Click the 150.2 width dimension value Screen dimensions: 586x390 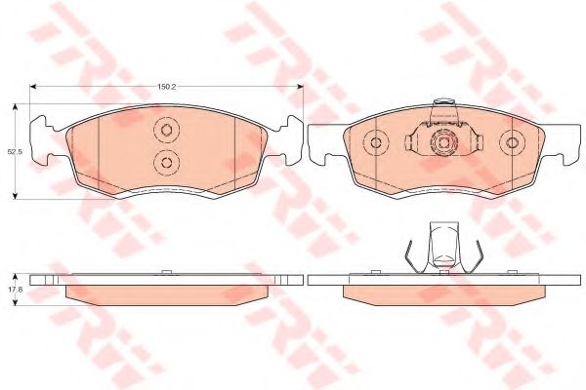166,86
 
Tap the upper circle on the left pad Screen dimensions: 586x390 167,130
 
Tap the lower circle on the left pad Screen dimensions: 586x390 167,163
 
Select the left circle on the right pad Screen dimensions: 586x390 376,142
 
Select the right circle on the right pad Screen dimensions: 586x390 513,142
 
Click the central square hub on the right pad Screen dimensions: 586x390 443,142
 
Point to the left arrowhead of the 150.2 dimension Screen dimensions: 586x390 33,86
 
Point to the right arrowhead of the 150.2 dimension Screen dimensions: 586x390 300,86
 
